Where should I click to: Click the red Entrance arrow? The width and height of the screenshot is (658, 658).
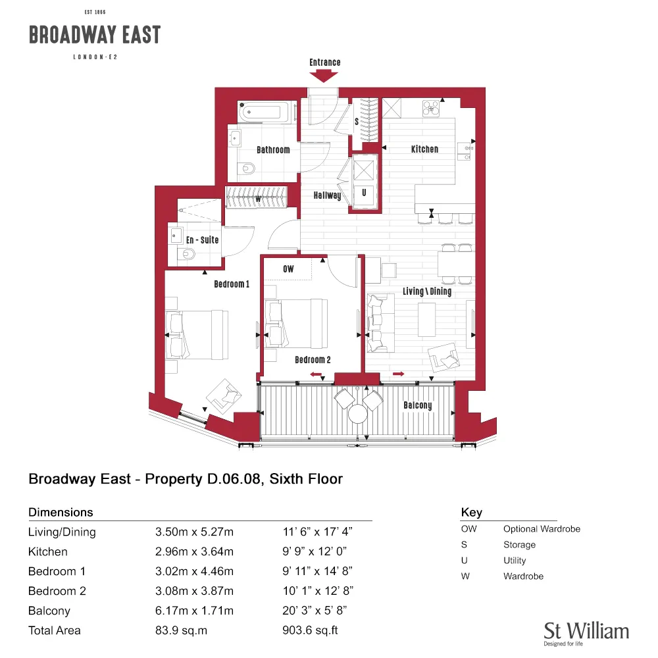coord(324,76)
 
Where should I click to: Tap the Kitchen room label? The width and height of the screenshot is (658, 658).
coord(424,149)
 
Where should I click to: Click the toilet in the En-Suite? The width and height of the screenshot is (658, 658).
coord(186,254)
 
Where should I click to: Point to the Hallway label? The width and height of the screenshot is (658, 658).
coord(327,195)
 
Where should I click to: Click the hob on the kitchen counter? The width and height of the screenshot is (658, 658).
coord(431,109)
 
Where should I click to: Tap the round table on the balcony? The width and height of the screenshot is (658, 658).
coord(357,414)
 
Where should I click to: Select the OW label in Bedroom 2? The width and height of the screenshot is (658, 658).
coord(288,269)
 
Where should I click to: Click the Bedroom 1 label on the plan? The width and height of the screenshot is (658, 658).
coord(232,284)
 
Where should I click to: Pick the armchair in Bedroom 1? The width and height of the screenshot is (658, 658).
coord(224,396)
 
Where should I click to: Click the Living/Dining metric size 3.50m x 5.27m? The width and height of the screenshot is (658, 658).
coord(194,532)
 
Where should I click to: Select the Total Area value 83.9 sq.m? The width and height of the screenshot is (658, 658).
coord(182,630)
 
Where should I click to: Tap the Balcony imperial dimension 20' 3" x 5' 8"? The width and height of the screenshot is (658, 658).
coord(315,611)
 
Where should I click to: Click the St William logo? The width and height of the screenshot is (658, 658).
coord(586,633)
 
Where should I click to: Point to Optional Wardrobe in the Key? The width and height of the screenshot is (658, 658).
coord(542,529)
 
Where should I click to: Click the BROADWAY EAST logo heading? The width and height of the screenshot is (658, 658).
coord(95,34)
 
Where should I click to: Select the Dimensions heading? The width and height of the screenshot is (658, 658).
coord(61,513)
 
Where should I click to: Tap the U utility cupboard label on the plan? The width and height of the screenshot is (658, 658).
coord(364,193)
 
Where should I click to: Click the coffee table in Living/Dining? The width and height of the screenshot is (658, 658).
coord(427,319)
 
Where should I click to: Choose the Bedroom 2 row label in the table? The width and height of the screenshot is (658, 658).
coord(57,591)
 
